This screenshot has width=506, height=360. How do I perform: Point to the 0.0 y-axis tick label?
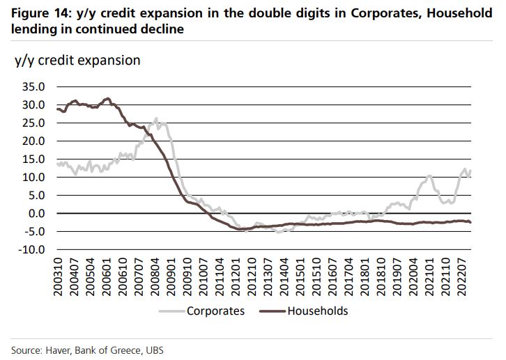point(35,213)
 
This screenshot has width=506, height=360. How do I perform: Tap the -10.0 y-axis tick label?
point(32,249)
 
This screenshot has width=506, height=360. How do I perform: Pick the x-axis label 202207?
point(460,276)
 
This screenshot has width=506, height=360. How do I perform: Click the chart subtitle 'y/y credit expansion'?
point(77,60)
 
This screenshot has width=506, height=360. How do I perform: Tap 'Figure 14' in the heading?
point(38,13)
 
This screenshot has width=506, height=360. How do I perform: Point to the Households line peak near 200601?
point(107,98)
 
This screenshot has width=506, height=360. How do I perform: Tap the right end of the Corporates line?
point(471,171)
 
